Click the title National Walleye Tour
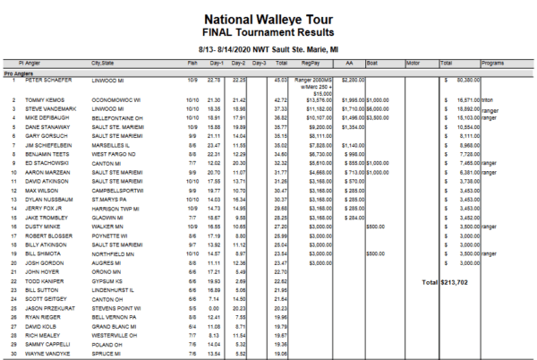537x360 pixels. pos(268,17)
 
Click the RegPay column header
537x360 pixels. pos(311,64)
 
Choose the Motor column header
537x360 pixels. pos(413,64)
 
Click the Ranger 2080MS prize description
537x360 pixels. pos(316,81)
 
